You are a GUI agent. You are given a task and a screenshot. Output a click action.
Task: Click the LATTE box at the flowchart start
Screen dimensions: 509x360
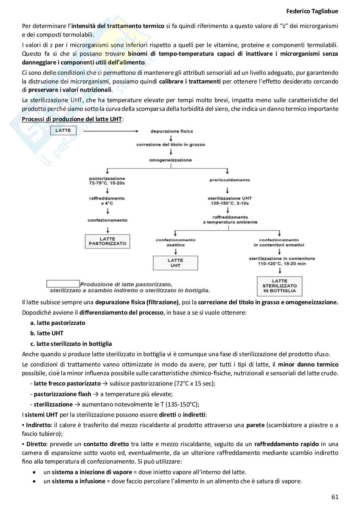click(63, 131)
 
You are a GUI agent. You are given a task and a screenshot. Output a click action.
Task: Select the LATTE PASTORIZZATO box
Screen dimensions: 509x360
click(108, 241)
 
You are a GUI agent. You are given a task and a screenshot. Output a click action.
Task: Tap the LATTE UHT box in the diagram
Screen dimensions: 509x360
click(175, 263)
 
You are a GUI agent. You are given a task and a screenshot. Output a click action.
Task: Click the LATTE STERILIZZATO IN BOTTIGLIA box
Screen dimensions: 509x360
click(279, 286)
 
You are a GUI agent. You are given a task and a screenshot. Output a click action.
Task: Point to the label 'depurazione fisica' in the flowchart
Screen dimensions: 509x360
click(172, 131)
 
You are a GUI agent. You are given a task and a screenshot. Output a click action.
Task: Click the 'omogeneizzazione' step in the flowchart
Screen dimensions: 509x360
click(170, 160)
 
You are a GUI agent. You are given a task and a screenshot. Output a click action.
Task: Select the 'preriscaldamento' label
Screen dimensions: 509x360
click(230, 180)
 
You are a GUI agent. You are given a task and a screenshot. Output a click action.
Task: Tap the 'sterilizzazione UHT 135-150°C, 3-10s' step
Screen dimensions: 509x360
click(230, 201)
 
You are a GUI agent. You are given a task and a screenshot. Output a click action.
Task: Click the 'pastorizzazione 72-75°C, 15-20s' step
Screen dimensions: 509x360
click(107, 181)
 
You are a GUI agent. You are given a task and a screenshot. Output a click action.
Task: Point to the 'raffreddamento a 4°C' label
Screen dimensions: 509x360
click(107, 201)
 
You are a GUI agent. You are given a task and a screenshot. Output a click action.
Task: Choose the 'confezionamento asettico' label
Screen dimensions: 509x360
click(175, 242)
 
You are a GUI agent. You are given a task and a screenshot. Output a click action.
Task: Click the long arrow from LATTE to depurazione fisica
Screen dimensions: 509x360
click(108, 131)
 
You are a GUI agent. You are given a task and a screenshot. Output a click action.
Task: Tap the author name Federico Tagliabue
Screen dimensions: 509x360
click(312, 11)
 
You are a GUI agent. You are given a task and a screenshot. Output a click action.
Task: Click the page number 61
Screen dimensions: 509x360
click(335, 497)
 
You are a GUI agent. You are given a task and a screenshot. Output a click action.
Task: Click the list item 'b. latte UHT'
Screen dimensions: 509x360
click(47, 333)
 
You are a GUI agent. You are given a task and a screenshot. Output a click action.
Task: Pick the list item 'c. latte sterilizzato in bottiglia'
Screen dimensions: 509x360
click(71, 344)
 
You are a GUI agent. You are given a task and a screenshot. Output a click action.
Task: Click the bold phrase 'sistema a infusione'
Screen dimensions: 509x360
click(78, 481)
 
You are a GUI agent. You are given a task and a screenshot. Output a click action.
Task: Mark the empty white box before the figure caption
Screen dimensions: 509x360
click(63, 284)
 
